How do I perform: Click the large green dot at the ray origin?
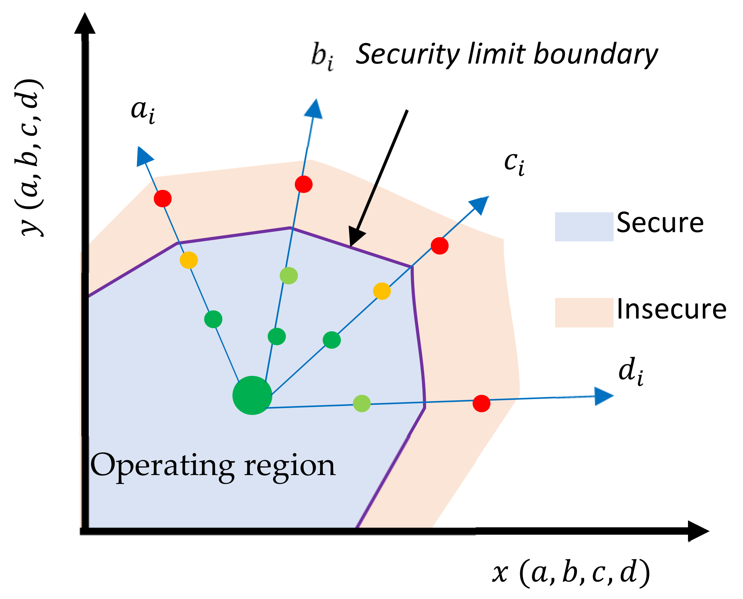click(252, 395)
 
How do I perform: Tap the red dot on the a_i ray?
click(163, 198)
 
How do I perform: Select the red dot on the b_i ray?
click(303, 184)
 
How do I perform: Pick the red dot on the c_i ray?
click(440, 246)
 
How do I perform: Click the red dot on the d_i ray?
click(482, 403)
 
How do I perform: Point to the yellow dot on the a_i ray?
click(189, 260)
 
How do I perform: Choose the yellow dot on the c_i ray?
click(382, 291)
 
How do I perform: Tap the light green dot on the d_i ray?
click(362, 404)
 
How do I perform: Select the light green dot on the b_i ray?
click(289, 276)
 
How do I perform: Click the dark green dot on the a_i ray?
click(213, 319)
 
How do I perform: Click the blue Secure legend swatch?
click(584, 227)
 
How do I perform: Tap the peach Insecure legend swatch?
click(584, 312)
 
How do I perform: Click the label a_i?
click(143, 112)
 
